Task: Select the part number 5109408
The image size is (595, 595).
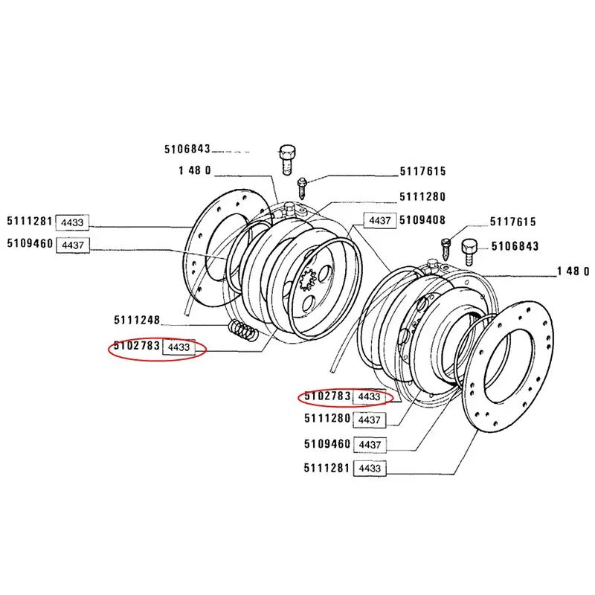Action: click(x=422, y=220)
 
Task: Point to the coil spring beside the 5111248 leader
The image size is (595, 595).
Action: click(x=243, y=329)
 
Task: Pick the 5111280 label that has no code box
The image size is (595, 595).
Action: click(x=422, y=196)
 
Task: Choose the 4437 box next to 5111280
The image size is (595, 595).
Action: click(x=369, y=420)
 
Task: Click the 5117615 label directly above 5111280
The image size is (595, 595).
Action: click(x=422, y=172)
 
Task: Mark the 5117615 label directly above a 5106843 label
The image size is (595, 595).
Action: click(x=514, y=222)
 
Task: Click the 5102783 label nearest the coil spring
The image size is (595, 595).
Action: click(x=137, y=346)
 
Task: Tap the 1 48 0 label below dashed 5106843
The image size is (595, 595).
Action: click(x=195, y=170)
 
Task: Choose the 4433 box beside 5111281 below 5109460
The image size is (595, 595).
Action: click(x=369, y=469)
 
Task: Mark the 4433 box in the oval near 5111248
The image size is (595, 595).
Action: click(x=179, y=347)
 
